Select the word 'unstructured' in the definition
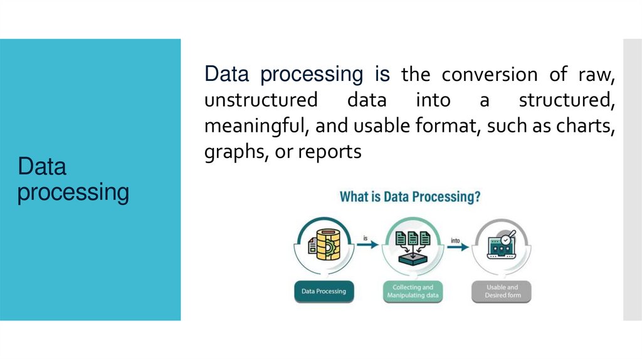(x=260, y=100)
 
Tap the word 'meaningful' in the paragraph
(x=255, y=126)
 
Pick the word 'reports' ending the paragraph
(x=330, y=152)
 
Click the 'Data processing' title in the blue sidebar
(x=73, y=179)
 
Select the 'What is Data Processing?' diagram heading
(x=410, y=197)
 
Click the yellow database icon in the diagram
(x=324, y=245)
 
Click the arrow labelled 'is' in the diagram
(x=367, y=245)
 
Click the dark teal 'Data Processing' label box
(x=324, y=292)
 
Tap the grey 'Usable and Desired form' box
(x=502, y=292)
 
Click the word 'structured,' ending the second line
(x=567, y=100)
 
